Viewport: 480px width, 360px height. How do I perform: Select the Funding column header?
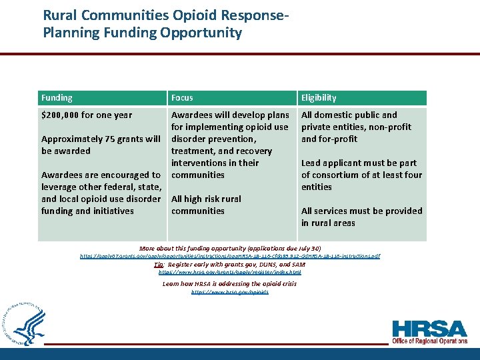point(57,97)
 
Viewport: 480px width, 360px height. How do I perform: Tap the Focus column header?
point(182,97)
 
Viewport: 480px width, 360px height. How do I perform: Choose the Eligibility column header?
point(319,97)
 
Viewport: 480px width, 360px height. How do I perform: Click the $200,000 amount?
point(61,115)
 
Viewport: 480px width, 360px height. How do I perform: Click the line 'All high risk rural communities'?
point(206,205)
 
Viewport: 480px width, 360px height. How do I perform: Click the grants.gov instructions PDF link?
point(230,256)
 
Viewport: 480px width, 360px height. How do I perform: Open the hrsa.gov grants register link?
point(230,272)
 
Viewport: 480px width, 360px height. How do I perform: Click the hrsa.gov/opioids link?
point(230,292)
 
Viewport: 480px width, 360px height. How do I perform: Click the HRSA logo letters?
point(429,328)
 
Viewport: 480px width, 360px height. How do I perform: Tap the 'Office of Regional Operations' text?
point(429,341)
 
